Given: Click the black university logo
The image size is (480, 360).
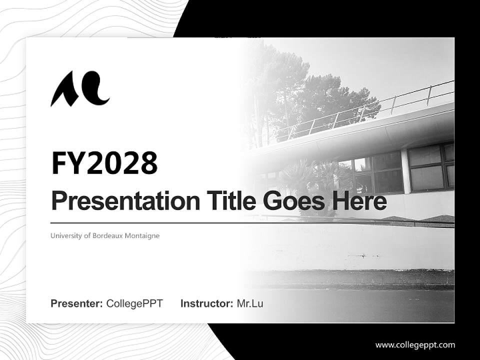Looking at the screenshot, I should tap(80, 89).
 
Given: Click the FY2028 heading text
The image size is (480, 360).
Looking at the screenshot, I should tap(104, 163).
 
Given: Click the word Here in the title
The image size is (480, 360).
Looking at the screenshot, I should tap(359, 201).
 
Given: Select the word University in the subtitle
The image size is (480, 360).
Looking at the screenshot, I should tap(66, 235).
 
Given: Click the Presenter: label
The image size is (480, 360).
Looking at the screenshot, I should tap(77, 303).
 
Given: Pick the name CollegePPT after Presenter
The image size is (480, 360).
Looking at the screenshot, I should tap(134, 303).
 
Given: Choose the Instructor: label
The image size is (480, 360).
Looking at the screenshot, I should tap(206, 303).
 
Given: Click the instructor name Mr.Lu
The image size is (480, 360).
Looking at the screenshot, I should tap(250, 303).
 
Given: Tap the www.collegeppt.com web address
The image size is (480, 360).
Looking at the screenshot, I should tap(415, 344).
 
